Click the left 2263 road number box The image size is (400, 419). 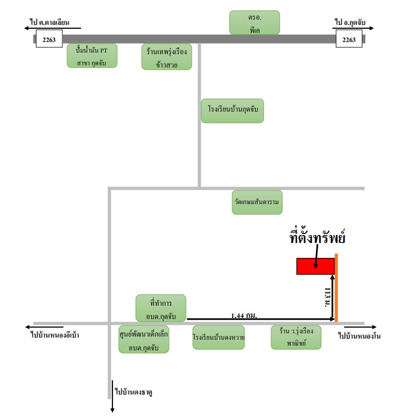pyautogui.click(x=49, y=39)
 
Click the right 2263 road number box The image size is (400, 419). pyautogui.click(x=349, y=39)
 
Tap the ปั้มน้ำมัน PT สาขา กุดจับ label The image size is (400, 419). pyautogui.click(x=92, y=56)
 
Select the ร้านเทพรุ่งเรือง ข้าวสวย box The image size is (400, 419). pyautogui.click(x=167, y=57)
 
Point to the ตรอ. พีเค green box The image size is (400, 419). pyautogui.click(x=255, y=23)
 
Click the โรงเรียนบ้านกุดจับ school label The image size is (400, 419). pyautogui.click(x=232, y=111)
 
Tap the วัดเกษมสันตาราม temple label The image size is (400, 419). pyautogui.click(x=257, y=202)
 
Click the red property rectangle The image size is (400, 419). pyautogui.click(x=315, y=266)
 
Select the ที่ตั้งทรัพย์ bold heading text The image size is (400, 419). pyautogui.click(x=317, y=237)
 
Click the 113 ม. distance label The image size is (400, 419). pyautogui.click(x=327, y=297)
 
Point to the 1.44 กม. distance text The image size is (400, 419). pyautogui.click(x=244, y=316)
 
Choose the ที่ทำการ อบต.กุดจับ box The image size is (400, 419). pyautogui.click(x=161, y=308)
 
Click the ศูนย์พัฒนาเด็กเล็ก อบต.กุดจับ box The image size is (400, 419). pyautogui.click(x=144, y=339)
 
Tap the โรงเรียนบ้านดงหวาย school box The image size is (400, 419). pyautogui.click(x=218, y=337)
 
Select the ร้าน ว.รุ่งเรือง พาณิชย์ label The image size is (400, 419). pyautogui.click(x=296, y=337)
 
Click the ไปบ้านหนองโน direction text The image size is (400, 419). pyautogui.click(x=360, y=336)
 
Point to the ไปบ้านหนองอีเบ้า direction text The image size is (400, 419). pyautogui.click(x=55, y=335)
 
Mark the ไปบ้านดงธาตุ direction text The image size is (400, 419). pyautogui.click(x=134, y=392)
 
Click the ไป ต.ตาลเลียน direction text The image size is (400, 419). pyautogui.click(x=50, y=22)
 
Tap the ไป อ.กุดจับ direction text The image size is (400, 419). pyautogui.click(x=350, y=22)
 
